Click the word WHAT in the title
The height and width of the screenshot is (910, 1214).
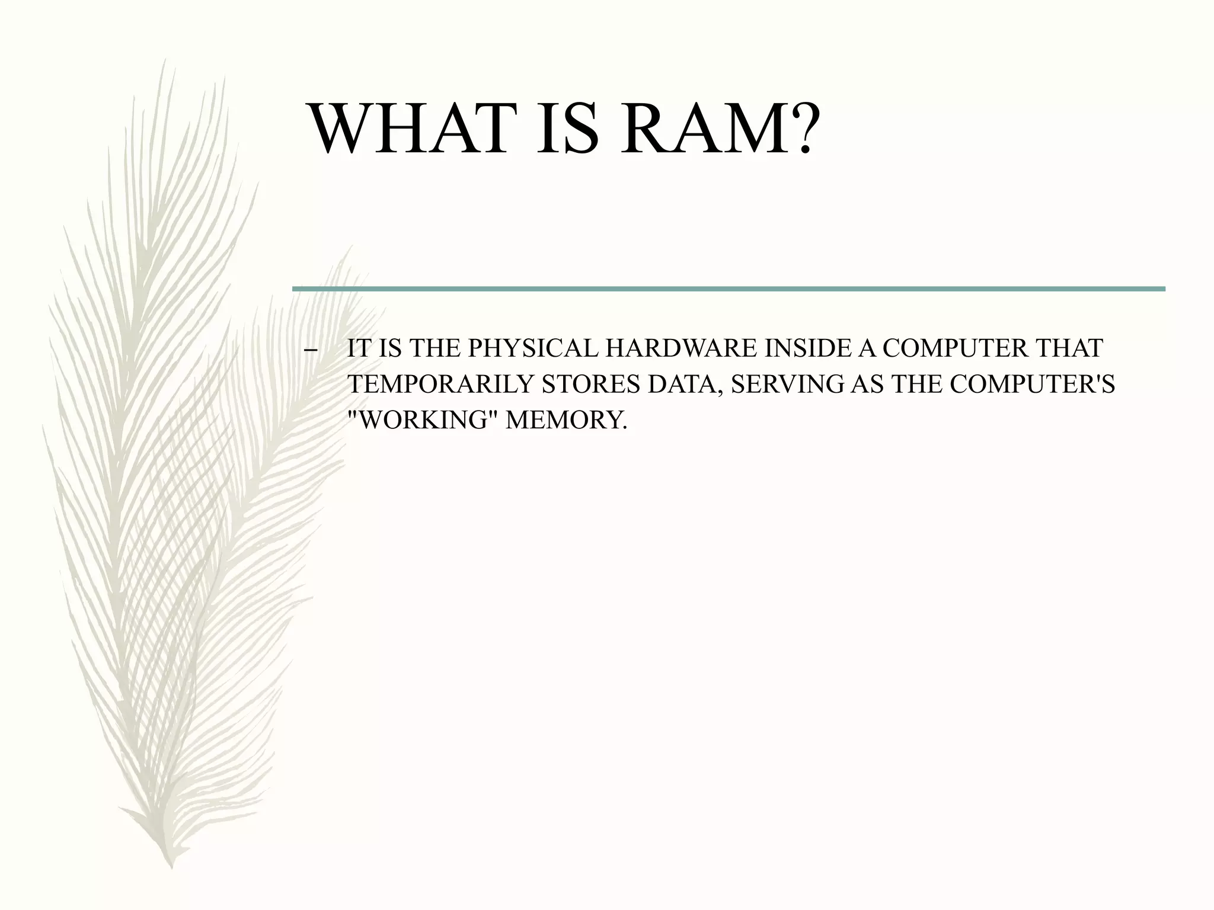point(414,129)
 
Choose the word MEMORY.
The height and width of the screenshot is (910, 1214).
point(566,420)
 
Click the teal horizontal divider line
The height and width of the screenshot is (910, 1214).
point(728,289)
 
